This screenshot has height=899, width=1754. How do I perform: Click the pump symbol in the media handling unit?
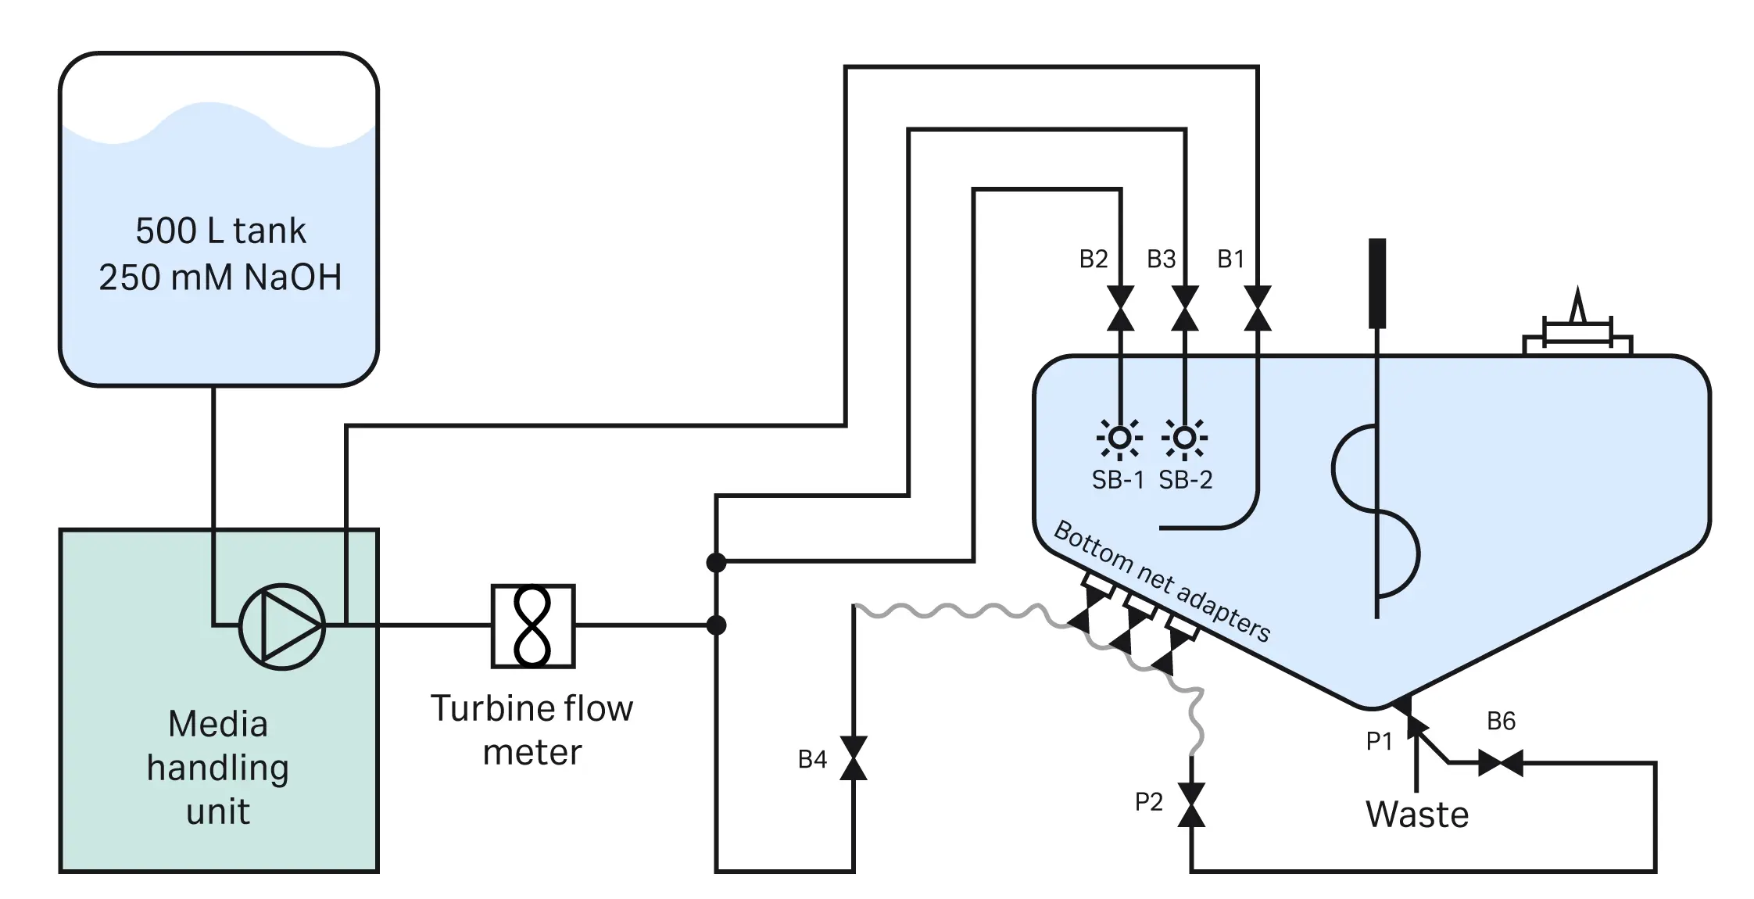click(281, 625)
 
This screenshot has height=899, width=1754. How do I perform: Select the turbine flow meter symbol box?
click(533, 625)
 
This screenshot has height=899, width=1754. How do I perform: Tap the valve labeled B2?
click(1121, 308)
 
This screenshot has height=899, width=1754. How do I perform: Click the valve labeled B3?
click(1185, 308)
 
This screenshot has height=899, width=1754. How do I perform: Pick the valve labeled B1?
click(1257, 308)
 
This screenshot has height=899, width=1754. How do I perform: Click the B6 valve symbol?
click(1501, 762)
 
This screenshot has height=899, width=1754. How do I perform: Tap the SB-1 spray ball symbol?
click(1120, 438)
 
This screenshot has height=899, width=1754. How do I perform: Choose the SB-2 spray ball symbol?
click(1185, 438)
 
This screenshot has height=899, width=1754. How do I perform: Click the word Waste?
click(1417, 815)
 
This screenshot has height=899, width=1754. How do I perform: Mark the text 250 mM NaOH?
click(220, 278)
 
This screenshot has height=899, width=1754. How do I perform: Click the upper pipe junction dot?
click(716, 561)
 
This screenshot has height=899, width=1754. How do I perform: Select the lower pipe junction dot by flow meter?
click(716, 625)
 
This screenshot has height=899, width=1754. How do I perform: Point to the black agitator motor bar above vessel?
click(1377, 283)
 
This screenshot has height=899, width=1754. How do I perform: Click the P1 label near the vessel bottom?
click(1380, 741)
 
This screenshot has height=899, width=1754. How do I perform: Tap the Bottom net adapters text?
click(1162, 582)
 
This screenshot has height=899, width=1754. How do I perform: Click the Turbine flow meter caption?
click(532, 729)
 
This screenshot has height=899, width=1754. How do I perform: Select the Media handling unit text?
click(218, 768)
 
